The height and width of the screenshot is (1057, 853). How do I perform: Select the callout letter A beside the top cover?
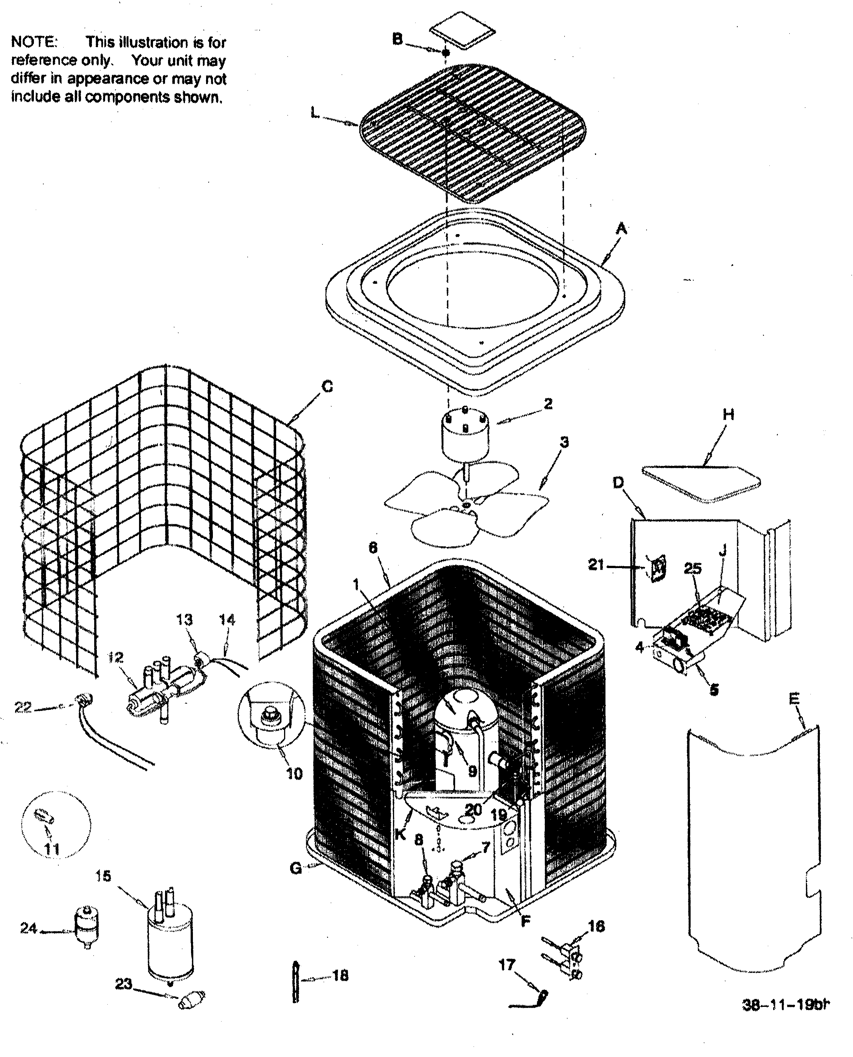click(622, 228)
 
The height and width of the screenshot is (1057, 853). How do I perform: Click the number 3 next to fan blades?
click(564, 443)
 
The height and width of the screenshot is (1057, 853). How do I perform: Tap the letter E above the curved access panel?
click(794, 699)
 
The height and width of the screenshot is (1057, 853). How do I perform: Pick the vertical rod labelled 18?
click(295, 982)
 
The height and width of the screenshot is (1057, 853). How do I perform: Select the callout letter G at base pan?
click(296, 868)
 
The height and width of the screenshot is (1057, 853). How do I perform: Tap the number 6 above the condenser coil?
click(373, 548)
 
